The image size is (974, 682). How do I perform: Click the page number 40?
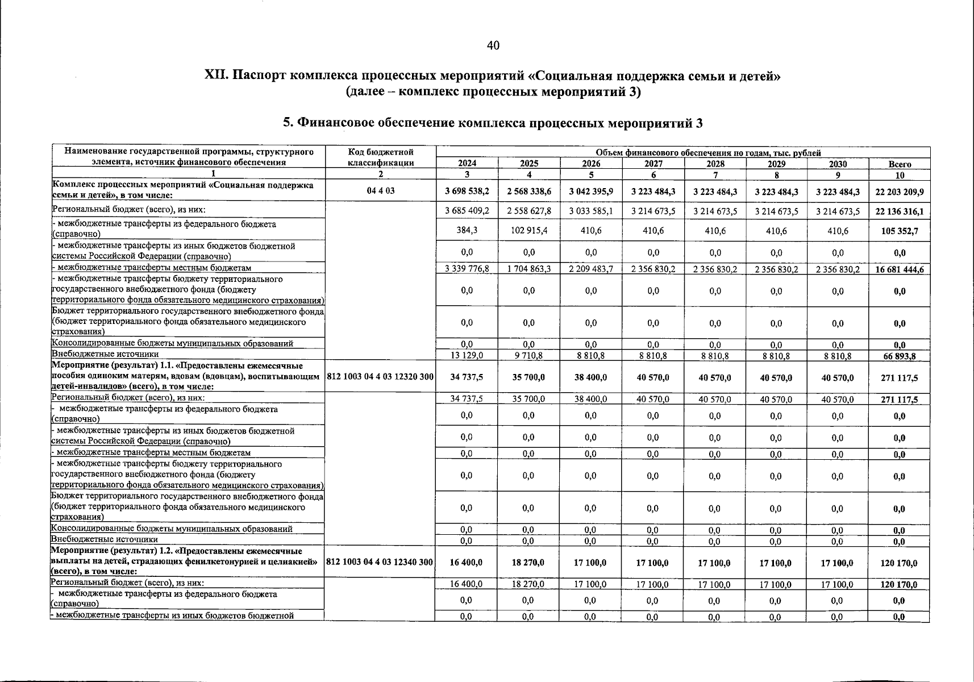coord(493,46)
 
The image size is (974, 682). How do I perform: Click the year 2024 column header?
coord(467,164)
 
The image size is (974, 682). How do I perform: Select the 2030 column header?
coord(837,164)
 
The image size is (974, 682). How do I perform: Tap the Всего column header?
coord(899,164)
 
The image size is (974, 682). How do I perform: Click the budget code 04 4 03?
coord(380,191)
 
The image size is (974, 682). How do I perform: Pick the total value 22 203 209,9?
coord(899,192)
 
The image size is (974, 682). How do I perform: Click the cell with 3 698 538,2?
coord(467,192)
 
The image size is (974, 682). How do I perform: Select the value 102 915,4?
coord(528,231)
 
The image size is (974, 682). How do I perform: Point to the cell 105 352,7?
coord(899,231)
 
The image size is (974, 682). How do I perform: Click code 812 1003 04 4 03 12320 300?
coord(380,377)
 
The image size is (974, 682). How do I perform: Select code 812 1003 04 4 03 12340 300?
coord(380,562)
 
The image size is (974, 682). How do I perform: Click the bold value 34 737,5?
coord(467,377)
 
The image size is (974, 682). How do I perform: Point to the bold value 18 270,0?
coord(528,562)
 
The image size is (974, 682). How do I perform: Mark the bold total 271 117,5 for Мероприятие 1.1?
coord(899,377)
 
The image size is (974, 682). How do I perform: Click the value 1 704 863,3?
coord(528,269)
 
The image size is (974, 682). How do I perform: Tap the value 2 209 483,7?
coord(590,269)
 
